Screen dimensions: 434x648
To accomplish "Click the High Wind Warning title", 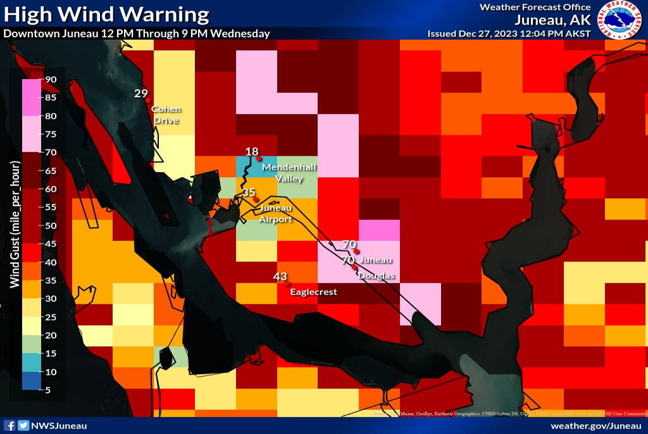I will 106,14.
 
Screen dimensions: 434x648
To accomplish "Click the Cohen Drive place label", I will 165,115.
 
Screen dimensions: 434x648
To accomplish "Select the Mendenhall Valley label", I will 289,173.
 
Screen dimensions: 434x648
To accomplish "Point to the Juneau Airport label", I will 276,214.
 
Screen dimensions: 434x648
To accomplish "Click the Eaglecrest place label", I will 313,292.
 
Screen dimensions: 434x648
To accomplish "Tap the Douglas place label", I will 377,276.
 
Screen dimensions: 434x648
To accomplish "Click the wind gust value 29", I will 140,94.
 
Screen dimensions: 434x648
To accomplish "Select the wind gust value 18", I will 252,151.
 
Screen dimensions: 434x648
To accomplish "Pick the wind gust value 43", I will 280,276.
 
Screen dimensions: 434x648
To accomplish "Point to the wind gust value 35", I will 249,192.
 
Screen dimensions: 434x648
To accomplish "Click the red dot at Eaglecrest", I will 289,284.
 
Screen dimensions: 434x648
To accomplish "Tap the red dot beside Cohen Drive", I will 147,100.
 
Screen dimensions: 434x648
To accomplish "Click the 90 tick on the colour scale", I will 51,80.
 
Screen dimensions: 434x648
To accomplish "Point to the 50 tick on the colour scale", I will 51,226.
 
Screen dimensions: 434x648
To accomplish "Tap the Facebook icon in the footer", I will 9,426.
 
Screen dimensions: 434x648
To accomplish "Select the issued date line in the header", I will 509,34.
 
